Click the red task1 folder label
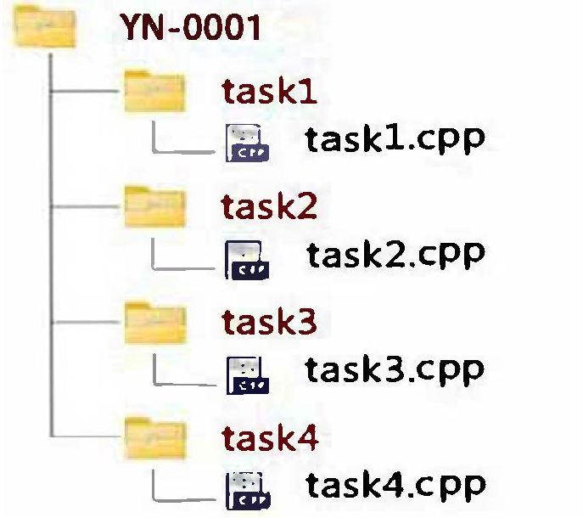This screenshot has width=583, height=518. pos(269,90)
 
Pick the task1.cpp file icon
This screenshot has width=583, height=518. pos(247,144)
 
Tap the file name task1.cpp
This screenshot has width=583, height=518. pos(395,139)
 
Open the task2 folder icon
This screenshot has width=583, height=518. pos(154,206)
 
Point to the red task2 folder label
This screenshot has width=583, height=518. pos(269,206)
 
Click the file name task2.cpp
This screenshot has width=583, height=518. pos(395,253)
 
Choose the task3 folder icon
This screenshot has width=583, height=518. pos(154,322)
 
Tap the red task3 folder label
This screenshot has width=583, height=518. pos(269,323)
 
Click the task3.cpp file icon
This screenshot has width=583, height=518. pos(247,374)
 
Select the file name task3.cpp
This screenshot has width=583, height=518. pos(395,369)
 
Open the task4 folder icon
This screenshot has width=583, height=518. pos(154,436)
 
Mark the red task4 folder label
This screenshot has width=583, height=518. pos(270,437)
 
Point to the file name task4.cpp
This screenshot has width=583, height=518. pos(395,485)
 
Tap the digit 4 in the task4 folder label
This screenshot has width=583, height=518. pos(307,437)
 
